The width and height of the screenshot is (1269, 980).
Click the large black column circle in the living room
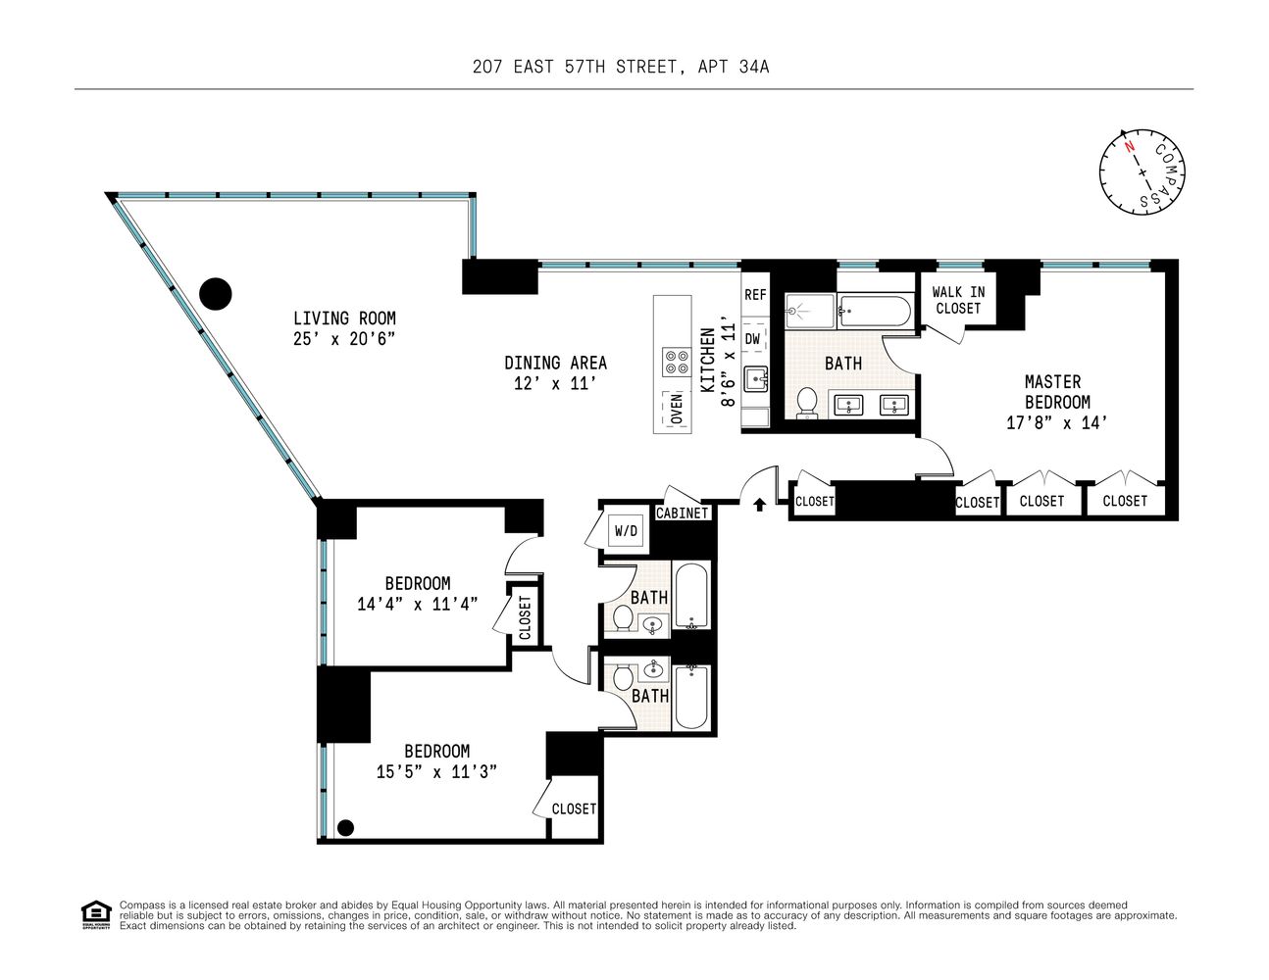tap(216, 293)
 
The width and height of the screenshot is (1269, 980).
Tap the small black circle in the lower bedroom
tap(346, 827)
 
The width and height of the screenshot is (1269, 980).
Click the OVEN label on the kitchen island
tap(677, 409)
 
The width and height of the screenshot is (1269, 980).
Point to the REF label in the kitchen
tap(755, 295)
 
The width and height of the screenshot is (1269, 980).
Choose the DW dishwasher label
tap(753, 339)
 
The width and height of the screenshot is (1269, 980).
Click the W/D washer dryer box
tap(626, 531)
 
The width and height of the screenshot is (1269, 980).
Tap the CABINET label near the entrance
tap(683, 513)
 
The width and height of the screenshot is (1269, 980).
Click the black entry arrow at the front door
tap(759, 505)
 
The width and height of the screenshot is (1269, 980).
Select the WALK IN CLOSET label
tap(958, 300)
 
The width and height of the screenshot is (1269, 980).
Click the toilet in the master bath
tap(807, 403)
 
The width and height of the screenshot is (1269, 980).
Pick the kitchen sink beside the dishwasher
tap(756, 379)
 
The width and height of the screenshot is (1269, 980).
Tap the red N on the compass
tap(1130, 146)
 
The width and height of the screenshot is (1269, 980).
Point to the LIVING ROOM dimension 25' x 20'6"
tap(344, 339)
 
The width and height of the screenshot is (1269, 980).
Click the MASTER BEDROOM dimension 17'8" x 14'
tap(1056, 423)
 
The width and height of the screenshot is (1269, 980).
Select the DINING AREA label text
tap(555, 363)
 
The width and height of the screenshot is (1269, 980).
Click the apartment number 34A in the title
tap(754, 67)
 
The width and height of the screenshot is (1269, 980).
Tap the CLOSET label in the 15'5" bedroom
tap(574, 808)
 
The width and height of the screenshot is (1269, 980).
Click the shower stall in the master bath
tap(809, 311)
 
